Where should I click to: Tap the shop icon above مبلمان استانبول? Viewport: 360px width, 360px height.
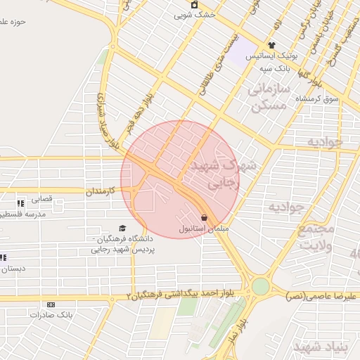204,218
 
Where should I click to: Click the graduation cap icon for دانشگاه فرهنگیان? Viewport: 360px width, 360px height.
123,228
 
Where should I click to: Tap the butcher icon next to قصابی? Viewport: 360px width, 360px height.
20,203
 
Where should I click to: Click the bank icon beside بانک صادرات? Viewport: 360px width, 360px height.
50,304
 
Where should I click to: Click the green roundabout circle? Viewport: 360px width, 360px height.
261,285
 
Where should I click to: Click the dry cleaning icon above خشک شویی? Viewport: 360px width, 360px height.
195,4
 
